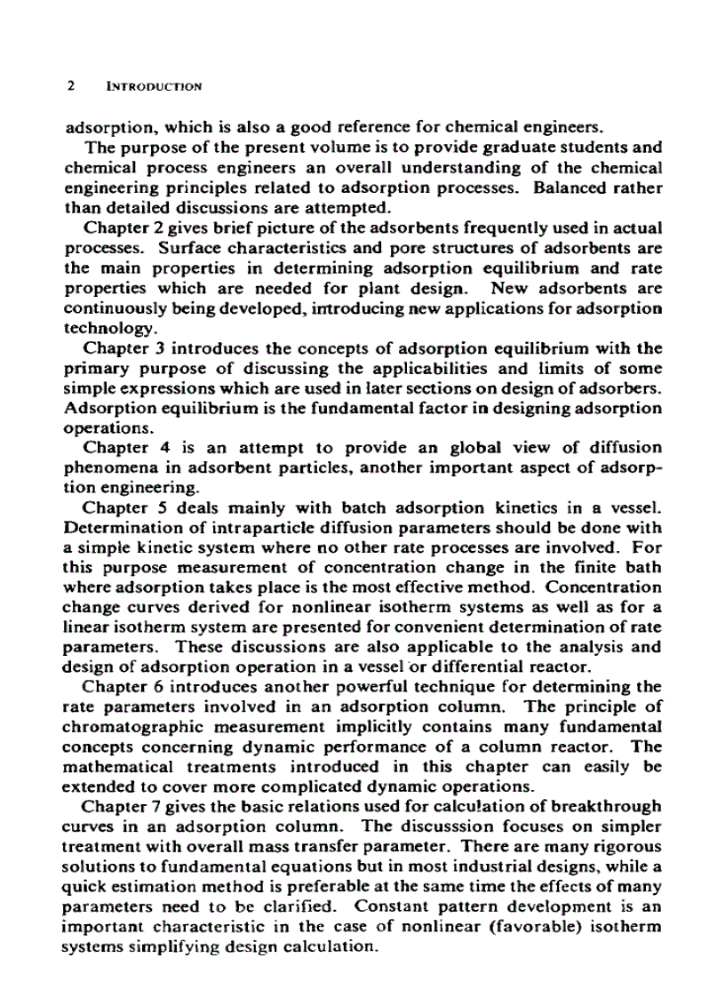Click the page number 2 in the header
coord(70,87)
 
